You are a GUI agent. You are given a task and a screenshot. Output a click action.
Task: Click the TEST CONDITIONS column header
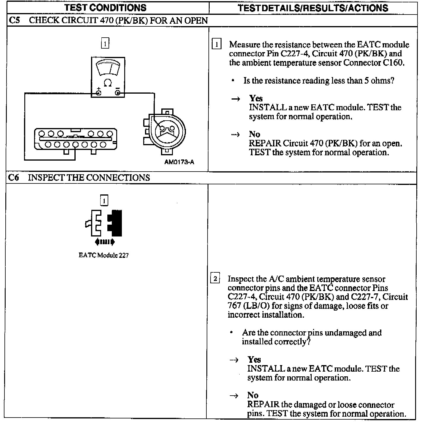(105, 8)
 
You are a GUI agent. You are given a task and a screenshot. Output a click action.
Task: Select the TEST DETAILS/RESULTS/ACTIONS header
(313, 8)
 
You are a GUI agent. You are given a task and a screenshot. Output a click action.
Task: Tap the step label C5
(15, 20)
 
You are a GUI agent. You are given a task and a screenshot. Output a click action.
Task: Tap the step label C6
(14, 178)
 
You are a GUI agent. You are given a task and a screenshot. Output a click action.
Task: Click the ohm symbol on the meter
(108, 83)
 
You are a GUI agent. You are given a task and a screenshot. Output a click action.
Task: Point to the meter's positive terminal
(98, 93)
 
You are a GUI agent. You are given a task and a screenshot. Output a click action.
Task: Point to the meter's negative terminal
(118, 93)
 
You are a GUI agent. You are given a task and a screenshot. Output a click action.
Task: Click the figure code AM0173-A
(179, 162)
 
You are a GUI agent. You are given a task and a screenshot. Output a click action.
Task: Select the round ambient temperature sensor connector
(167, 131)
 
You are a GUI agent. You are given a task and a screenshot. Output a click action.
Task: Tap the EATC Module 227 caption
(103, 255)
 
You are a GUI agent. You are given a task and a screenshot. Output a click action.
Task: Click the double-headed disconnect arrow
(105, 242)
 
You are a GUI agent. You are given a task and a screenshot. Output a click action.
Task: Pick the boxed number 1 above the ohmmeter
(105, 43)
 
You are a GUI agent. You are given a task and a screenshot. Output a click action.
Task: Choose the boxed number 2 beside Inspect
(215, 279)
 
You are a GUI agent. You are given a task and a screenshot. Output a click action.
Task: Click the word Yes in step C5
(256, 98)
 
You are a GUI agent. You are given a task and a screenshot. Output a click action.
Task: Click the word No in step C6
(253, 395)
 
